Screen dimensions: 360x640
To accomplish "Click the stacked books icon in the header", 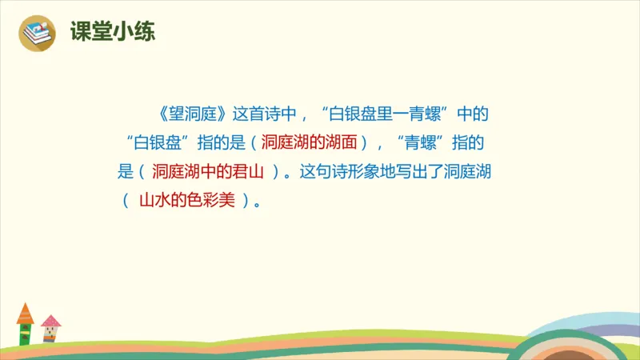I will pyautogui.click(x=38, y=34).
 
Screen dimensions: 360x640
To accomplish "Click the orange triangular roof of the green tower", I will pyautogui.click(x=25, y=311).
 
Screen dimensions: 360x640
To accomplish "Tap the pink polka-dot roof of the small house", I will pyautogui.click(x=51, y=322).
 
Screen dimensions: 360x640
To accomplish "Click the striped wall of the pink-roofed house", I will pyautogui.click(x=51, y=336).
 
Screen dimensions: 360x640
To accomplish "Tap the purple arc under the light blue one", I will pyautogui.click(x=593, y=337).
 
